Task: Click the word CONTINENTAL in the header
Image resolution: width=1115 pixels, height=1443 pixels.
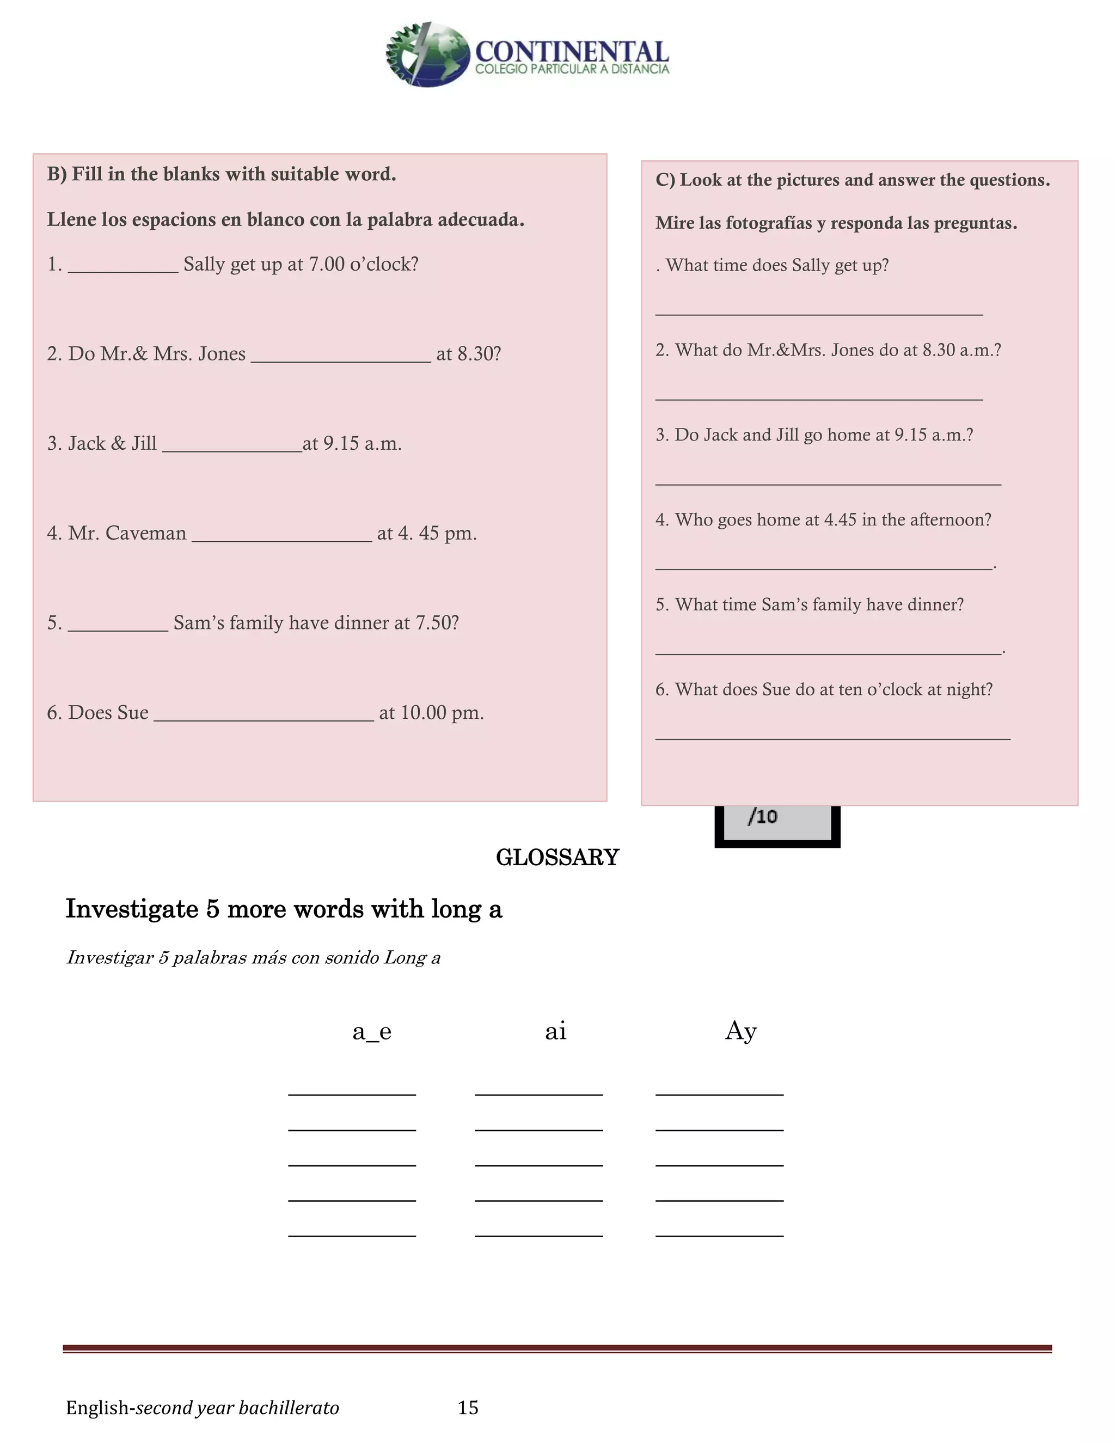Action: tap(571, 52)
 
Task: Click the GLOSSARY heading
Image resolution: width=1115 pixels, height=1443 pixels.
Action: tap(557, 858)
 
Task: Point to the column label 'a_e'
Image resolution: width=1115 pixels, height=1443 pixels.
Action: tap(372, 1031)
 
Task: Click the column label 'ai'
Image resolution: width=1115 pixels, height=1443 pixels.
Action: tap(555, 1031)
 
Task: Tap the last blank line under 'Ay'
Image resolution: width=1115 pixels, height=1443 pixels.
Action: tap(719, 1235)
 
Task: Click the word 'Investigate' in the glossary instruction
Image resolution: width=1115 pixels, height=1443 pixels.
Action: tap(131, 910)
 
